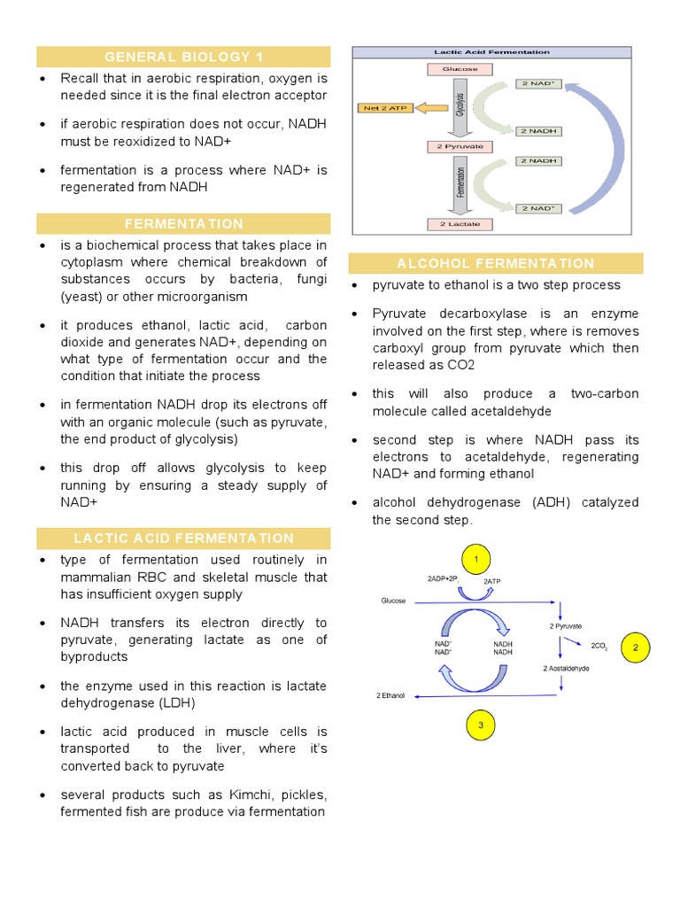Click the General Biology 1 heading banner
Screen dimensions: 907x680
coord(183,58)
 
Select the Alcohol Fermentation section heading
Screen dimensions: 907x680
coord(496,263)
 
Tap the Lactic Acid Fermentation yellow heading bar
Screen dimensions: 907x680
coord(183,539)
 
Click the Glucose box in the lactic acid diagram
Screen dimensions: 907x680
coord(454,69)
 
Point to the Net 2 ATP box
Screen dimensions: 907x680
coord(382,108)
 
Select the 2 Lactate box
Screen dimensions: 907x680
coord(454,224)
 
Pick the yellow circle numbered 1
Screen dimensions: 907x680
coord(476,560)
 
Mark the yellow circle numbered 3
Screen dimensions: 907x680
coord(480,725)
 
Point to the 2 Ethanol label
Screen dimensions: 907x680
coord(390,696)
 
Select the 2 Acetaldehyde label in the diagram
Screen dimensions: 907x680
coord(566,668)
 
